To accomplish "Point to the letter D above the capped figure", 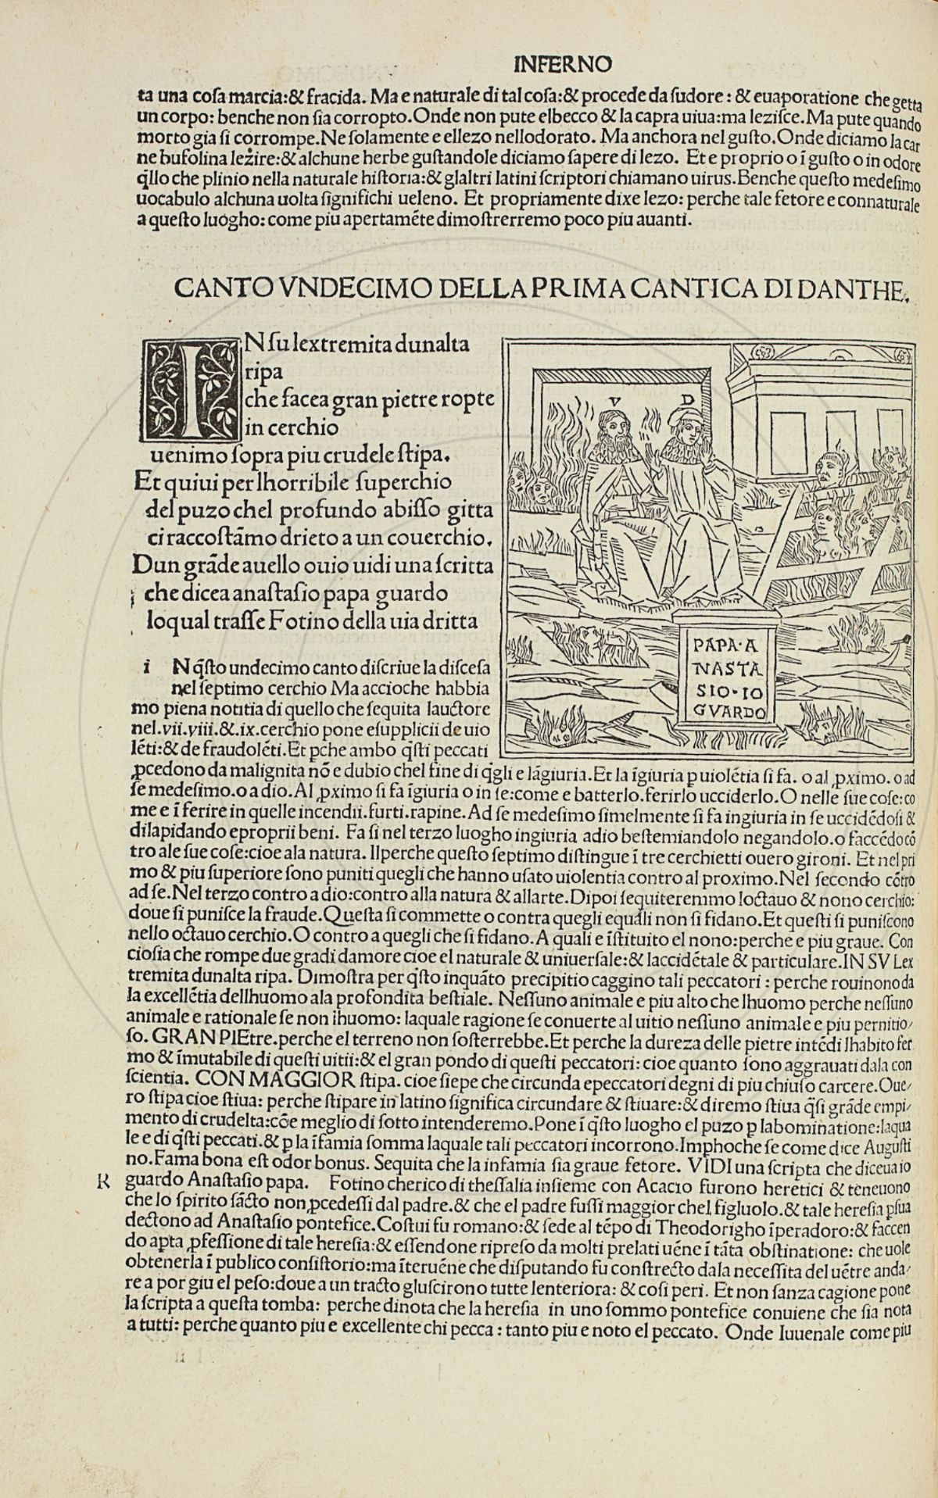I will [x=687, y=399].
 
